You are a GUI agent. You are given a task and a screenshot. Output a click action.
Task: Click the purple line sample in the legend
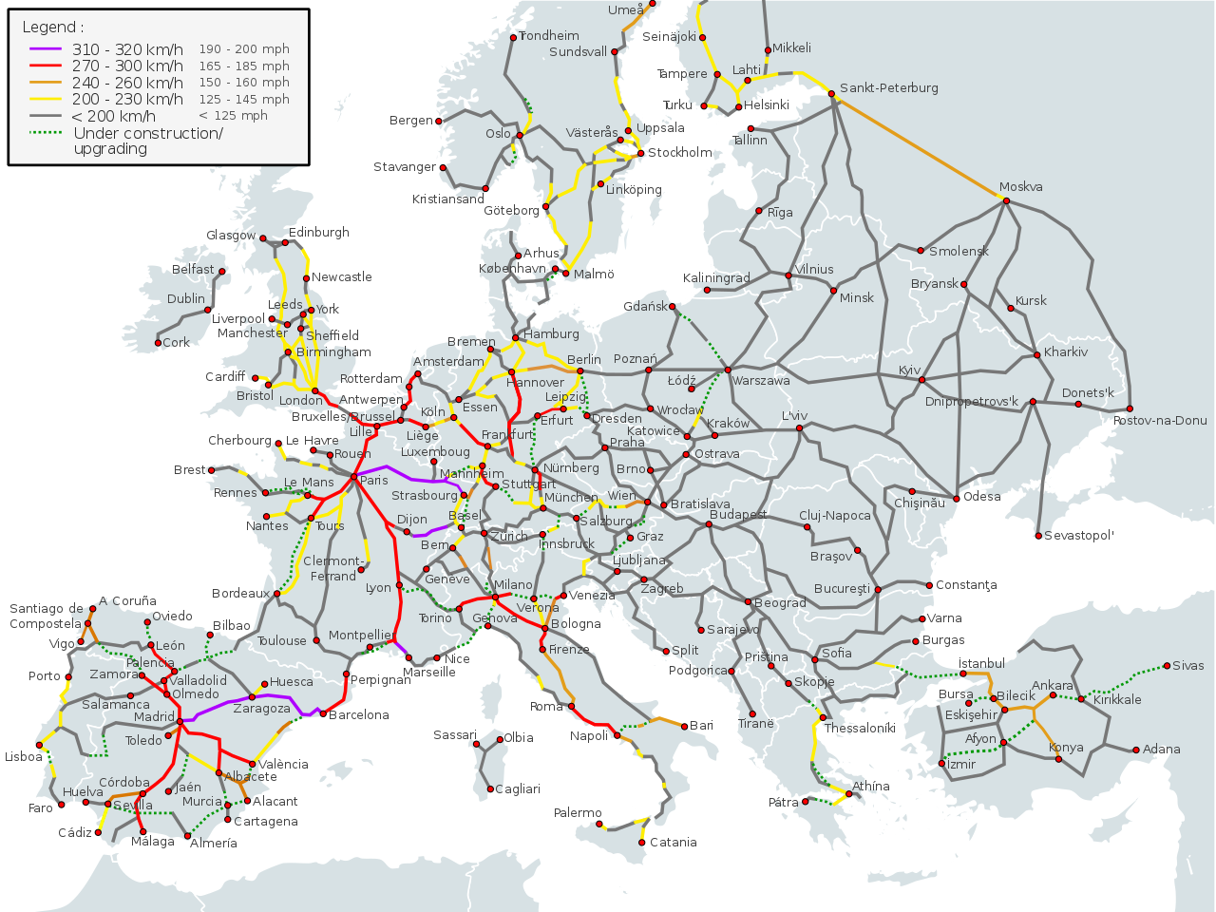[45, 49]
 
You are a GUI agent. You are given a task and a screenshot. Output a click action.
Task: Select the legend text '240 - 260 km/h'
[127, 83]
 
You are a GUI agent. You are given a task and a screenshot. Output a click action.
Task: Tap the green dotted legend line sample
[45, 133]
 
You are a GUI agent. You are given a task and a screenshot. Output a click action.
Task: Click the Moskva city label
[1021, 187]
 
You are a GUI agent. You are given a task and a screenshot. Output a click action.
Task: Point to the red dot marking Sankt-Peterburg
[831, 93]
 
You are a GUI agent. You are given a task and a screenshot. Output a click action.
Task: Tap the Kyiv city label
[909, 370]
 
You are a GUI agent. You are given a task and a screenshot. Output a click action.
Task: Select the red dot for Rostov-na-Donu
[1130, 409]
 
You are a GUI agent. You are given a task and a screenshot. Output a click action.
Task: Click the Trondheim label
[549, 35]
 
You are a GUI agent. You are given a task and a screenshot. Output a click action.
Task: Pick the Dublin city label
[185, 298]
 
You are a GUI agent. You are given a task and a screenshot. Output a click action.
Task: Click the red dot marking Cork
[158, 343]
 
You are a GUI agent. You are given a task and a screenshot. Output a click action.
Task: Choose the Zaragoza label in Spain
[261, 709]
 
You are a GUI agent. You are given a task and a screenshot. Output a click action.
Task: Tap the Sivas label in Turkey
[1187, 666]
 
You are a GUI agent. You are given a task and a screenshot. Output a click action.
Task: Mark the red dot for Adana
[1136, 750]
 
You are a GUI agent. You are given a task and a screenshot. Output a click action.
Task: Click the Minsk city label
[856, 298]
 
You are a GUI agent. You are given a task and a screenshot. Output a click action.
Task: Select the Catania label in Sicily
[674, 843]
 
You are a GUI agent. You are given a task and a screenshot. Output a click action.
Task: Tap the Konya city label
[1066, 748]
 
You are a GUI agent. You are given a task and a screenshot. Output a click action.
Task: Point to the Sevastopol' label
[1078, 536]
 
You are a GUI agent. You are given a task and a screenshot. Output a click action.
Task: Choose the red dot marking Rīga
[759, 212]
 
